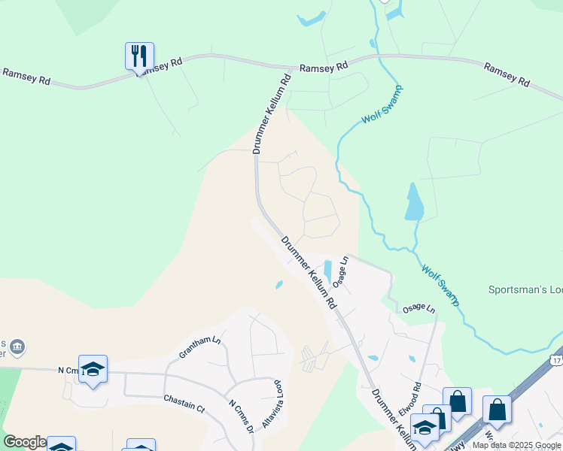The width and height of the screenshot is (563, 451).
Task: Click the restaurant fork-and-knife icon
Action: click(x=139, y=56)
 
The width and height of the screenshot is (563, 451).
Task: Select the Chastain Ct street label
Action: click(x=184, y=404)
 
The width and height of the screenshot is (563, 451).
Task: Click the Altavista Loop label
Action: click(x=272, y=404)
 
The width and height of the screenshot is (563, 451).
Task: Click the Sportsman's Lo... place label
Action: click(x=525, y=289)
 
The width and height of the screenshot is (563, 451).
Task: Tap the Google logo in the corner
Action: click(x=24, y=442)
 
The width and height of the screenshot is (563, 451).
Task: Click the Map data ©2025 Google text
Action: click(x=516, y=445)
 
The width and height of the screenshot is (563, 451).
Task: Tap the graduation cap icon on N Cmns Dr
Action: click(x=93, y=368)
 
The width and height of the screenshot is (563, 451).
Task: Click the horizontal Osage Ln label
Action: click(x=418, y=309)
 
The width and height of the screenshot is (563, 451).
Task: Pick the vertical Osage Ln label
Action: click(x=341, y=271)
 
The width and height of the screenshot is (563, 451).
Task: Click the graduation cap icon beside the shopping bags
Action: click(x=425, y=427)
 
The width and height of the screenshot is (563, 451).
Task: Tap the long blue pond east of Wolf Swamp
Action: click(x=413, y=201)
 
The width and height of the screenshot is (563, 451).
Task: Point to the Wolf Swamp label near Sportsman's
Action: click(x=440, y=285)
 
